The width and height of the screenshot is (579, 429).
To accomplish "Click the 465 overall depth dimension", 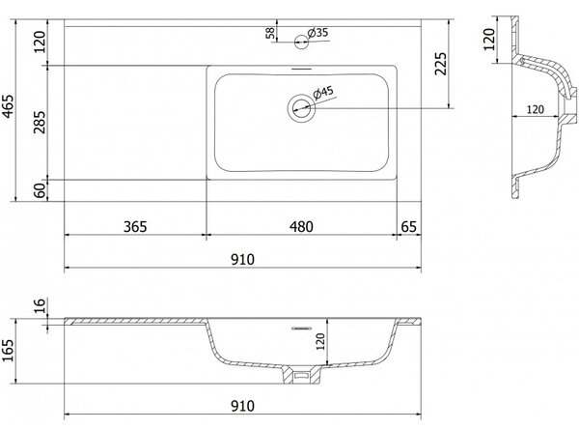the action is pos(8,106).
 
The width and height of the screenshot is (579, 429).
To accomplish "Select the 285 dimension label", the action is pos(40,122).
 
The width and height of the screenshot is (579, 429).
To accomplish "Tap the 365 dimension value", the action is pos(135,227).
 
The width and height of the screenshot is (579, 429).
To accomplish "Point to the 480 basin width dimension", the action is pos(301,227).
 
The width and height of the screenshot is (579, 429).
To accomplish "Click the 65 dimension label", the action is pos(409,227).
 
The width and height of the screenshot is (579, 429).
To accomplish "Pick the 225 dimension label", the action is pos(441,64).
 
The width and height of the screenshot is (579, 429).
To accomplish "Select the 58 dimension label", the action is pos(270,33).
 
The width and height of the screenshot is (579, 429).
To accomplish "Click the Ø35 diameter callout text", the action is pos(317,33).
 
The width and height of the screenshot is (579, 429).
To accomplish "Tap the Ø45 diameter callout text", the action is pos(323,93).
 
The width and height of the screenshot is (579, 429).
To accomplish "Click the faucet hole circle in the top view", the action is pos(301,42).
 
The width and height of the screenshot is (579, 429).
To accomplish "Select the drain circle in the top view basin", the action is pos(302,108).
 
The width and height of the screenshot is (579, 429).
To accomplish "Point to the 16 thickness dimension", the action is pos(40,305).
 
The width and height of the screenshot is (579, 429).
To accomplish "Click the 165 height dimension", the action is pos(8,351).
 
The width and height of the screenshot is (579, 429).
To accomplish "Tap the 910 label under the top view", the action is pos(242,260).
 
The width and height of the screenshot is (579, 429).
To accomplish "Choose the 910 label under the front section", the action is pos(242,406).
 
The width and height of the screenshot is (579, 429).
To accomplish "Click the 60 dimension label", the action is pos(40,190).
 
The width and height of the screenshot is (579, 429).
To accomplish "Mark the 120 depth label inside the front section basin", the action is pos(320,341).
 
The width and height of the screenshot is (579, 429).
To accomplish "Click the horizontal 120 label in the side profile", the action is pos(536,109).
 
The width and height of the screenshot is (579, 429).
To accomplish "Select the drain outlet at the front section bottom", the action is pos(301,375).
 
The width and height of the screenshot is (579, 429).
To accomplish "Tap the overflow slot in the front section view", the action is pos(302,329).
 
